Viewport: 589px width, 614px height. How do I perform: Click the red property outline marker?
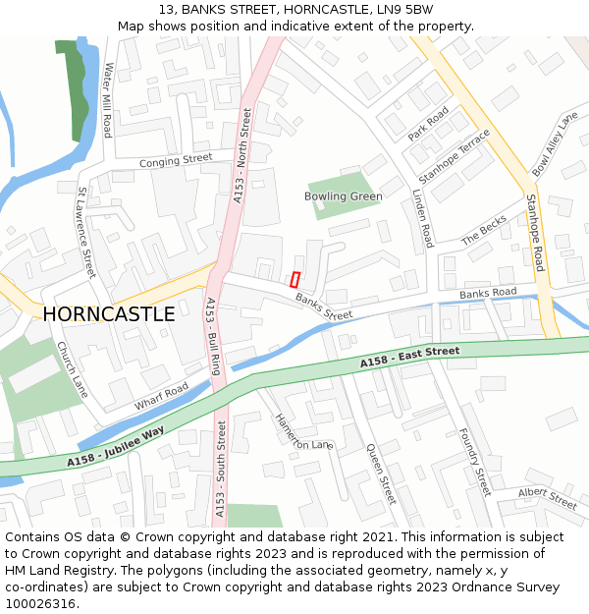click(x=294, y=279)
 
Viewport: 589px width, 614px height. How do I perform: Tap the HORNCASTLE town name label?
click(x=109, y=314)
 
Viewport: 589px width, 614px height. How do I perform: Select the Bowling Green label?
click(x=343, y=196)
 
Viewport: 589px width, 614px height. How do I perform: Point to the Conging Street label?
click(x=176, y=159)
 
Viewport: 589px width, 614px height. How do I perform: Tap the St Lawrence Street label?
click(x=85, y=232)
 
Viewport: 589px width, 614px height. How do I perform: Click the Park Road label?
click(x=428, y=124)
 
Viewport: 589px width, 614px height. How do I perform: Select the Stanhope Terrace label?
click(x=454, y=156)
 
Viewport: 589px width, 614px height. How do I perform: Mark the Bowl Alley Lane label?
click(x=555, y=145)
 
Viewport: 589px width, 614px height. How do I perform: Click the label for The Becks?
click(x=484, y=230)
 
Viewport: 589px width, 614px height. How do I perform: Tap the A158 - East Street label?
click(x=409, y=358)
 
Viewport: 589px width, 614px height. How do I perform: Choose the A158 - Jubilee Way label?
click(x=116, y=446)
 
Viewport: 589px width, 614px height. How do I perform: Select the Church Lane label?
click(x=72, y=369)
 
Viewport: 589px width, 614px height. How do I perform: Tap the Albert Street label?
click(x=548, y=499)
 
